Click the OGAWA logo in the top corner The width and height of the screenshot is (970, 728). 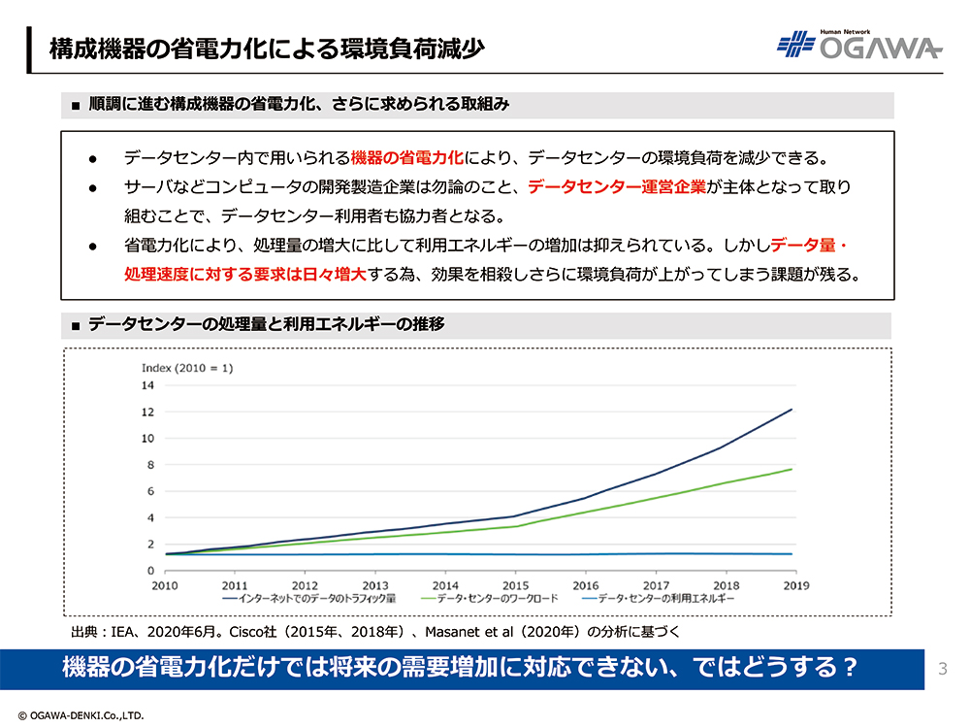point(858,45)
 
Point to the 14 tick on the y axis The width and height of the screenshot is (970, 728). point(148,385)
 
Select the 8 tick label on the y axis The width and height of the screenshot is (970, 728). point(149,465)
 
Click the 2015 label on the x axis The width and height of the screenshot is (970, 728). point(515,586)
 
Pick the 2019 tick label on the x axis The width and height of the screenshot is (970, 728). point(794,586)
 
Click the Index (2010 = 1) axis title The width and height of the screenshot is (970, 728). point(187,368)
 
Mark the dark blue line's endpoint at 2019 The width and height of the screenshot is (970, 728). point(792,410)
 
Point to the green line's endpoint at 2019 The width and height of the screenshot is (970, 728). point(792,470)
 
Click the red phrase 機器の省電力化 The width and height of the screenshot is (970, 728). point(408,157)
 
